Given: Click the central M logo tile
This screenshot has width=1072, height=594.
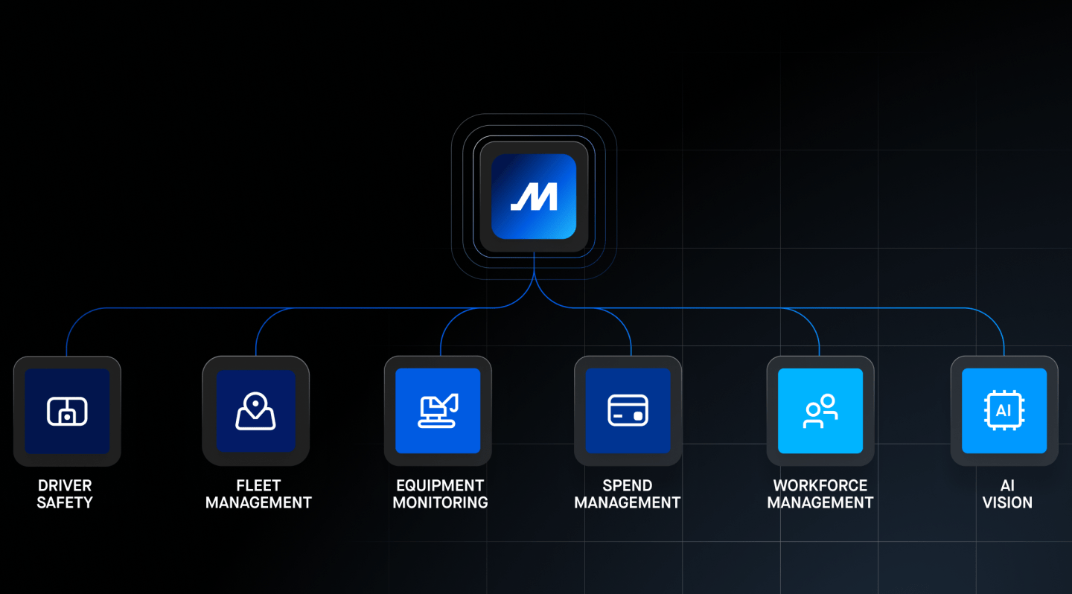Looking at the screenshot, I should coord(534,197).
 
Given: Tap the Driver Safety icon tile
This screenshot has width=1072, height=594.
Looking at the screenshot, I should coord(67,411).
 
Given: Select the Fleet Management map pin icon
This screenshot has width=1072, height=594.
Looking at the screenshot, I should coord(255,411).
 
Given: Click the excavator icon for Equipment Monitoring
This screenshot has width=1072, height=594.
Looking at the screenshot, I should coord(438,411).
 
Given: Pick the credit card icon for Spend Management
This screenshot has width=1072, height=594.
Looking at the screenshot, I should coord(628,411).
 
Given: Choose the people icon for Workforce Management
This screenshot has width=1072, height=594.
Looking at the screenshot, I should coord(820,411).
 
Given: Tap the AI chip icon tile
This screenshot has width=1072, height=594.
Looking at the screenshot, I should coord(1004,411).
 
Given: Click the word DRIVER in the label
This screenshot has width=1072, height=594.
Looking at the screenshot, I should coord(65,486).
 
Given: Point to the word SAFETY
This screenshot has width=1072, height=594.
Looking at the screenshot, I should coord(65,503).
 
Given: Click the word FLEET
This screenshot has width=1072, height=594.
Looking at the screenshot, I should coord(258,486).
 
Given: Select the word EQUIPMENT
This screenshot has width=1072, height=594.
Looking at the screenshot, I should coord(440,486).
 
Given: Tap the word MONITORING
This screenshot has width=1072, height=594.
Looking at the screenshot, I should coord(440,503).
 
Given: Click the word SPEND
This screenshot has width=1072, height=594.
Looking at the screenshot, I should coord(628,486).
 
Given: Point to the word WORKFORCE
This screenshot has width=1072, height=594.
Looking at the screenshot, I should coord(820,486).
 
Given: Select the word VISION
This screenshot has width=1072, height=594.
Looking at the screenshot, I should coord(1007,503).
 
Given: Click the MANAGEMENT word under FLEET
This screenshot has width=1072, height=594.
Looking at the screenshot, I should coord(258,503).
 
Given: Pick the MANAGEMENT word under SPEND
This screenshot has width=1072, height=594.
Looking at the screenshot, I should coord(628,503).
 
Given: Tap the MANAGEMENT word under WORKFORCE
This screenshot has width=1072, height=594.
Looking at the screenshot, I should coord(820,503).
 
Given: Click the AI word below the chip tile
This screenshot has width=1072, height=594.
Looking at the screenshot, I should coord(1007,486).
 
